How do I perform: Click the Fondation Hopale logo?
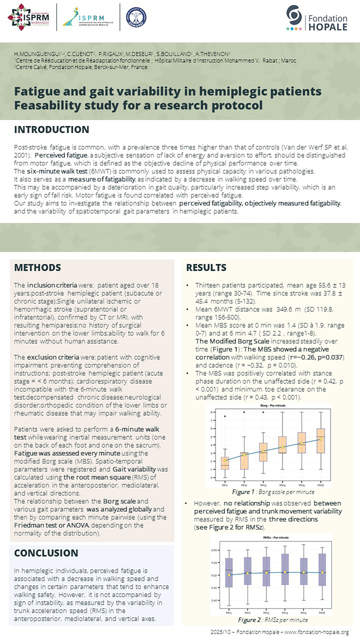pyautogui.click(x=317, y=19)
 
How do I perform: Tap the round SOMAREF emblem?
pyautogui.click(x=136, y=17)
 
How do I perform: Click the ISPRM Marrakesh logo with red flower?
pyautogui.click(x=29, y=17)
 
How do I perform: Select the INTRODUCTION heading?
pyautogui.click(x=52, y=130)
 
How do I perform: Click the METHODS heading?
pyautogui.click(x=38, y=268)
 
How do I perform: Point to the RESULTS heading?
pyautogui.click(x=206, y=268)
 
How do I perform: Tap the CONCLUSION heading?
pyautogui.click(x=46, y=553)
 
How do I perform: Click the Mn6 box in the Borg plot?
pyautogui.click(x=321, y=441)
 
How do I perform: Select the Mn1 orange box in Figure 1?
pyautogui.click(x=225, y=463)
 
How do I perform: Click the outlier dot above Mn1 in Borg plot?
pyautogui.click(x=225, y=416)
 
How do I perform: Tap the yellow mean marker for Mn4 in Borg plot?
pyautogui.click(x=282, y=447)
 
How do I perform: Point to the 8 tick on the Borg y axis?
pyautogui.click(x=211, y=412)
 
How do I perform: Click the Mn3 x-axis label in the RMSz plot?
pyautogui.click(x=266, y=613)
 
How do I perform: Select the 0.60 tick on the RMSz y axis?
pyautogui.click(x=215, y=550)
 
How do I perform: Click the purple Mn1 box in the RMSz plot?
pyautogui.click(x=229, y=572)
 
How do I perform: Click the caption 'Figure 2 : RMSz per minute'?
pyautogui.click(x=273, y=620)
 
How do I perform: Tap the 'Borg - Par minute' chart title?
pyautogui.click(x=273, y=406)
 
